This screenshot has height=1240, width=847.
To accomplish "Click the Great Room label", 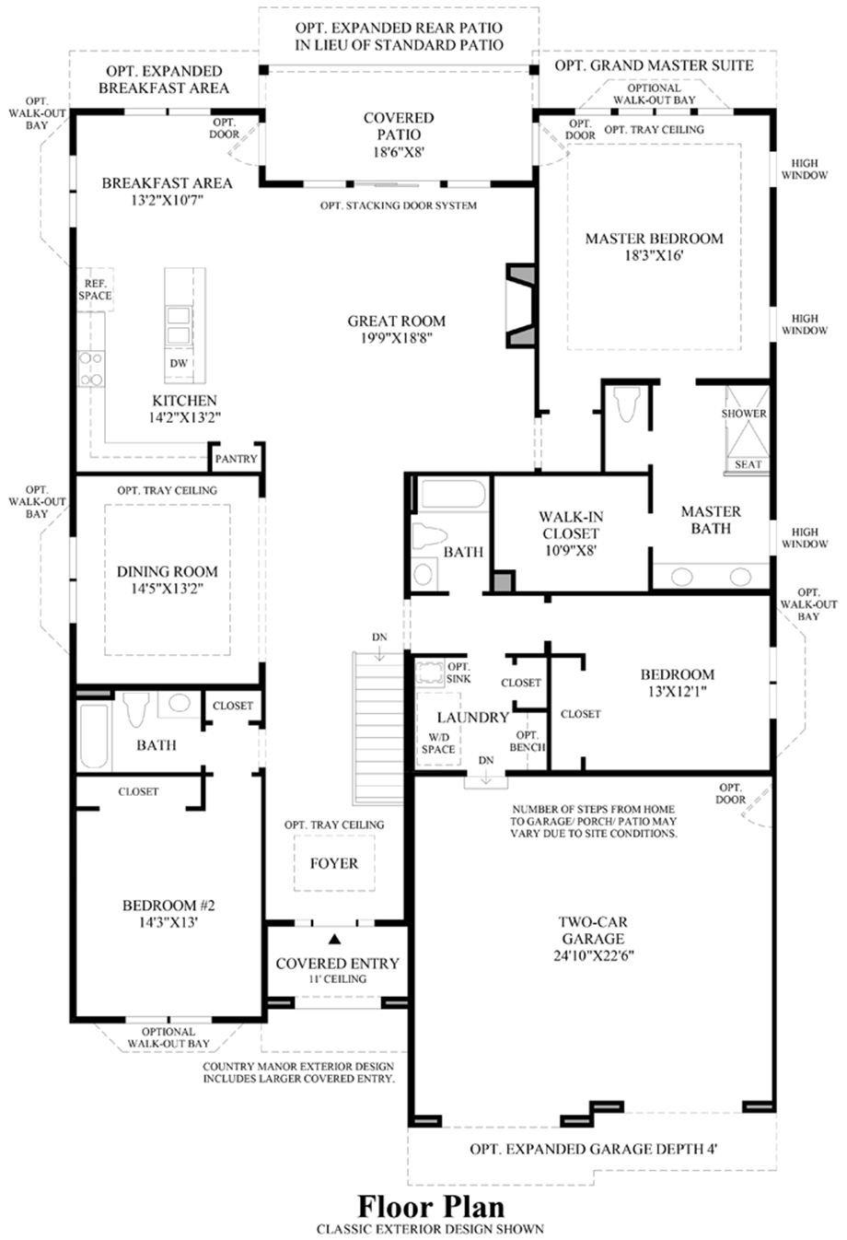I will pos(397,322).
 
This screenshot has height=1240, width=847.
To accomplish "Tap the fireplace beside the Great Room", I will pos(521,305).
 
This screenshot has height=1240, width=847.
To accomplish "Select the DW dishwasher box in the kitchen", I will pos(179,364).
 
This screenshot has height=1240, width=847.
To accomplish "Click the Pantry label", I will pos(237,459).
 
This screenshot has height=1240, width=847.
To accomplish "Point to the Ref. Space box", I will pos(94,290).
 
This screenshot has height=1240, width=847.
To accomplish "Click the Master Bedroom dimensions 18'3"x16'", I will pos(654,256).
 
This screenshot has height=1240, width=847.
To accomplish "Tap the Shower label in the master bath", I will pos(744,414).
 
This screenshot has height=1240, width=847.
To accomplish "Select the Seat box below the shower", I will pos(748,464).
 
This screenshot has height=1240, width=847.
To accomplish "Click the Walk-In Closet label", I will pos(571,525).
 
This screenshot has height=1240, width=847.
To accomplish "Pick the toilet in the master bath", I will pos(628,404).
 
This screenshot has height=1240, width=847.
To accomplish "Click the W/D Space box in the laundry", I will pos(438,743).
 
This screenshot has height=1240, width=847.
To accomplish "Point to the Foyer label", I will pos(334,863).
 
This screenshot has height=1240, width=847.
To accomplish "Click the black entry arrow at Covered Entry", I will pos(335,939).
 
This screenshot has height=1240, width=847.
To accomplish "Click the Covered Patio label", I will pos(399,126).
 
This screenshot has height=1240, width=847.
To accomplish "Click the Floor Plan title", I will pos(431,1206).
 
